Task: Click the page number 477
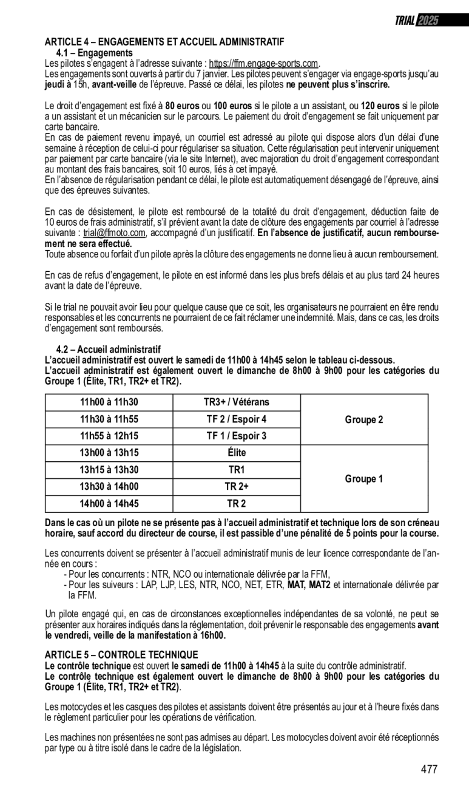[x=429, y=770]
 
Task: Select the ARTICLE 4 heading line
[x=164, y=42]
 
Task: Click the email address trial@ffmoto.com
[x=115, y=233]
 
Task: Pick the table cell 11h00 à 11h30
[x=109, y=402]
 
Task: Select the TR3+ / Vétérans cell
[x=237, y=402]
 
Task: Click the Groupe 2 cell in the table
[x=364, y=419]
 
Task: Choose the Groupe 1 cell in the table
[x=364, y=479]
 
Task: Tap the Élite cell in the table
[x=237, y=453]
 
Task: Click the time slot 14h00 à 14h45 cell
[x=109, y=504]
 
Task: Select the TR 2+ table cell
[x=237, y=487]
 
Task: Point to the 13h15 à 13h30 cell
[x=109, y=470]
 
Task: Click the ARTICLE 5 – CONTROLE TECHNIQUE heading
[x=121, y=654]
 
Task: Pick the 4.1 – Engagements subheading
[x=94, y=53]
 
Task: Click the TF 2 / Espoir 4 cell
[x=237, y=419]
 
